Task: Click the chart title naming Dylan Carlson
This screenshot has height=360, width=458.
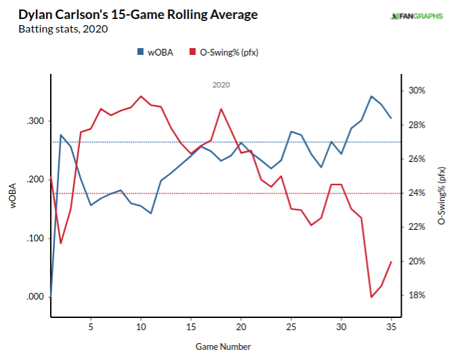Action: (129, 14)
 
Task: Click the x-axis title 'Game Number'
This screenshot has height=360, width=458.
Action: (224, 346)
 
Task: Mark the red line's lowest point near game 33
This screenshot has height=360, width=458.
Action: (371, 297)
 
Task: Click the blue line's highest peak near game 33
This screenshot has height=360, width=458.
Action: (371, 96)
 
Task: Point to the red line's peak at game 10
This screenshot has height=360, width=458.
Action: (141, 96)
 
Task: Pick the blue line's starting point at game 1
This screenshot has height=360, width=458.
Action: (51, 296)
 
